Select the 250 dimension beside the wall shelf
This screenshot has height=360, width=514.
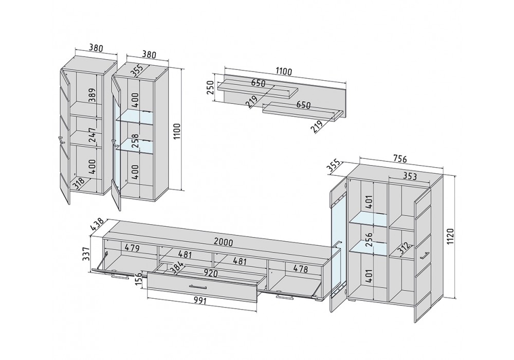click(x=210, y=88)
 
